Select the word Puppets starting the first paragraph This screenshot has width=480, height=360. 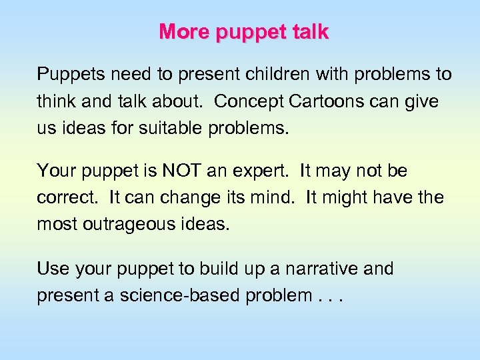65,74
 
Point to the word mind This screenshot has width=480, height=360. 273,198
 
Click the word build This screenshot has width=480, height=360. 192,269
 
